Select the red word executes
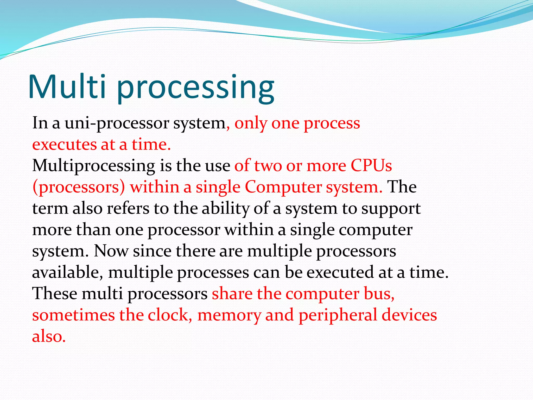click(x=64, y=145)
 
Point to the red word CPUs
click(x=371, y=166)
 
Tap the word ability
click(x=225, y=209)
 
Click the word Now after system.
click(x=111, y=251)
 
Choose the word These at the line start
click(x=55, y=294)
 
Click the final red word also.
click(x=49, y=336)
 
